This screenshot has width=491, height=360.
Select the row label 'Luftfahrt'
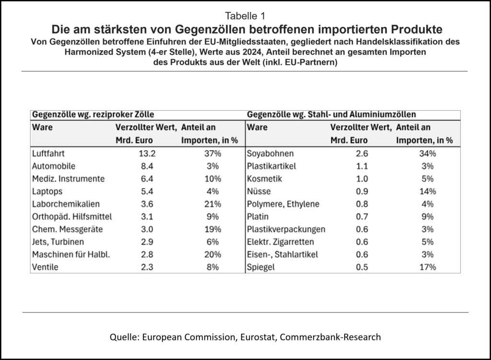pos(48,154)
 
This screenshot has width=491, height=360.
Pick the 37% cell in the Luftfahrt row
pos(211,154)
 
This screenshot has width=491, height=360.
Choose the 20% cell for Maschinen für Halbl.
pos(211,255)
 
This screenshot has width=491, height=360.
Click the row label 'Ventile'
pos(45,267)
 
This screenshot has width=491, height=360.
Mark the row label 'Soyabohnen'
pos(270,154)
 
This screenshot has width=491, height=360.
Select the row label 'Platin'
pos(258,217)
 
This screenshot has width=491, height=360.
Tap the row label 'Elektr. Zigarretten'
pos(281,242)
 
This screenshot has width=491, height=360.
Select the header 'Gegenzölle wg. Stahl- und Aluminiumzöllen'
pos(331,115)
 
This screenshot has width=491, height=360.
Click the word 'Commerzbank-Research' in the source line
pos(331,337)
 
